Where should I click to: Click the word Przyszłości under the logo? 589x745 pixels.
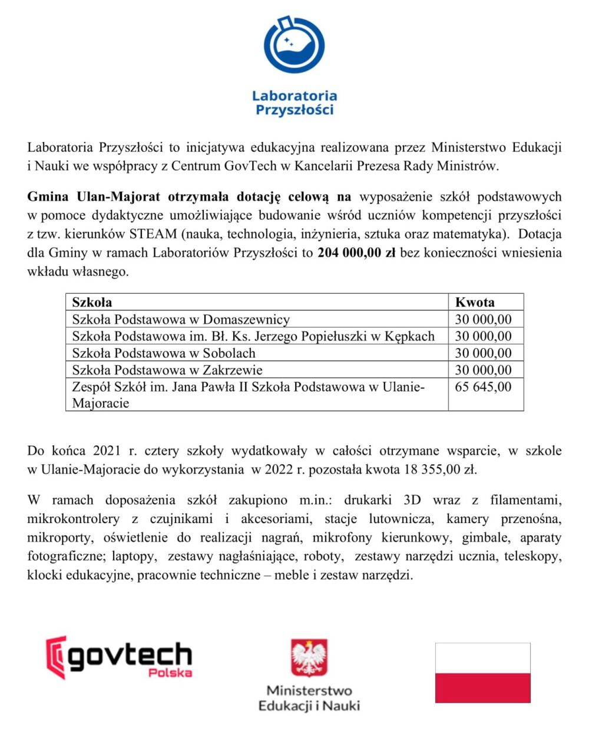(294, 110)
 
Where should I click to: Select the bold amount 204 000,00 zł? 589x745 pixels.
(356, 253)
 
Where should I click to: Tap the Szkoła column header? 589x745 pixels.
(92, 303)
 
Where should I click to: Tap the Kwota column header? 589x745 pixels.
(475, 303)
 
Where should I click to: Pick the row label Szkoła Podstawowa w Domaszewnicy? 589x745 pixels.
(181, 320)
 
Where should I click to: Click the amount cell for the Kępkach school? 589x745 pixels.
(483, 336)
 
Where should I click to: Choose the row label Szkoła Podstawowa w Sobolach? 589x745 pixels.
(164, 353)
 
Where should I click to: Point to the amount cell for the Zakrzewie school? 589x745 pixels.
(483, 370)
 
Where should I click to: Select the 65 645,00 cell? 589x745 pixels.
(483, 387)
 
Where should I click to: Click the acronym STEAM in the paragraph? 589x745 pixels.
(153, 234)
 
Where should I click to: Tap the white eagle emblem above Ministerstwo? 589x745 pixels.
(309, 658)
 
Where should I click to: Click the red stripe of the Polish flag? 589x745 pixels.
(482, 688)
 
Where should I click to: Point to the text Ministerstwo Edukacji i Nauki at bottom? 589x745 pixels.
(309, 698)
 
